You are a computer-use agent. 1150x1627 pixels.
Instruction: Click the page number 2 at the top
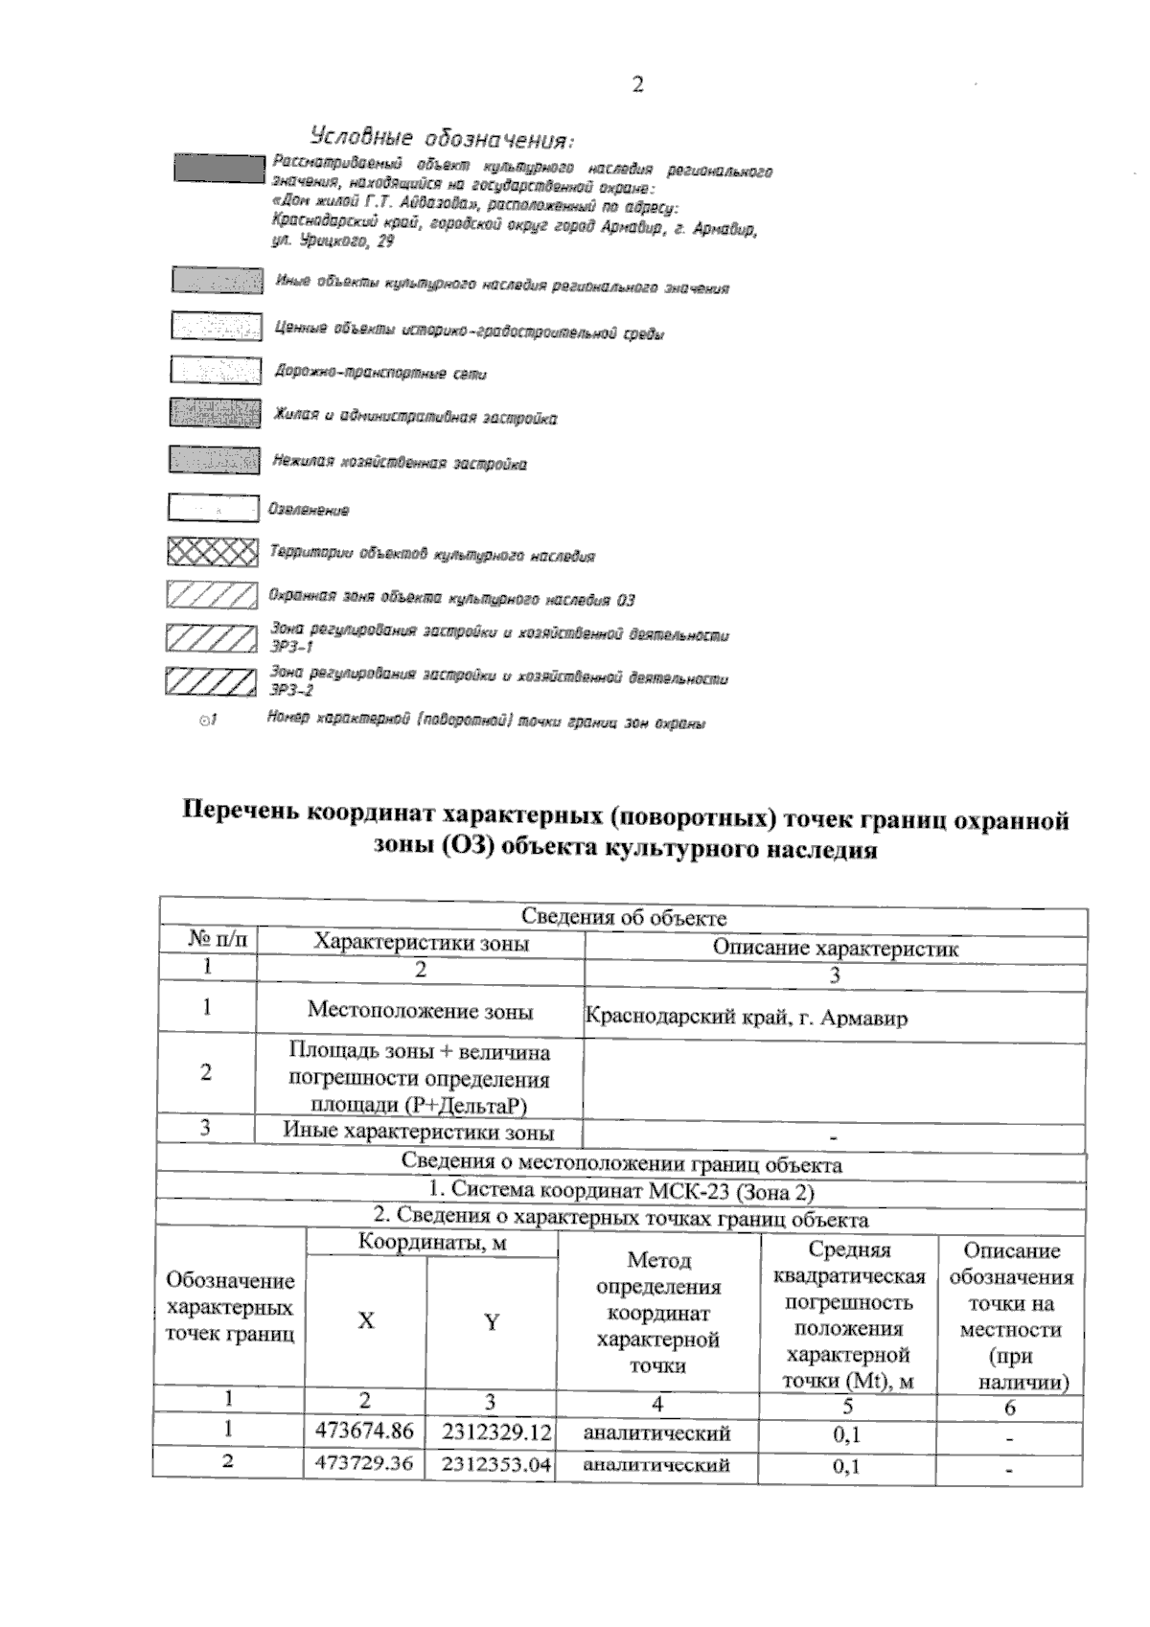coord(637,84)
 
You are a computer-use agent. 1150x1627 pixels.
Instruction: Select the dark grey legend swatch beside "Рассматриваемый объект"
coord(218,168)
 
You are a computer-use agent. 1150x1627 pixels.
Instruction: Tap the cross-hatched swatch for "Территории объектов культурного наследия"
coord(213,553)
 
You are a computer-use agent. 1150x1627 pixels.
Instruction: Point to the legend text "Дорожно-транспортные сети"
coord(380,373)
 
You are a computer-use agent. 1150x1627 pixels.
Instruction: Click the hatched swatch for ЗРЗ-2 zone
coord(211,681)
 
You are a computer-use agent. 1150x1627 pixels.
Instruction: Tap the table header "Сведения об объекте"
coord(623,917)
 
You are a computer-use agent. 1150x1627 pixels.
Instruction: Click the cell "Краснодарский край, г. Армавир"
coord(746,1018)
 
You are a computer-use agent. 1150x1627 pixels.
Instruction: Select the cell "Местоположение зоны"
coord(420,1010)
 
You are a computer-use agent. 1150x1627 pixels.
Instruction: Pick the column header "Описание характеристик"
coord(835,948)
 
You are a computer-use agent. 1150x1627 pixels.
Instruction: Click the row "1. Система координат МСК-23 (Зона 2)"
coord(622,1192)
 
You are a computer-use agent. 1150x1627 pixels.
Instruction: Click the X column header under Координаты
coord(366,1321)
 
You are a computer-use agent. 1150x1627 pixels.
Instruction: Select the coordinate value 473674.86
coord(364,1432)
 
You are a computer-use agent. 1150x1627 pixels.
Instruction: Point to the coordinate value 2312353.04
coord(497,1465)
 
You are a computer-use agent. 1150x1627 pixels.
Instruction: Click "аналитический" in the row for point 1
coord(657,1433)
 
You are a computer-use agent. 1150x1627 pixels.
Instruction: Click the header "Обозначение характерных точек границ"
coord(230,1307)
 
